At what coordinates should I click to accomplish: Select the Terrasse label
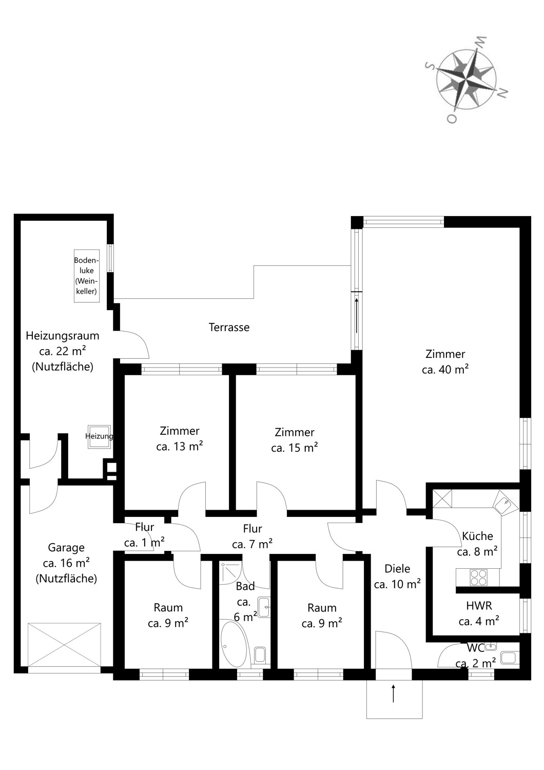(x=229, y=328)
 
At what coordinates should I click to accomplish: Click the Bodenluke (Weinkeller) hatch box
(x=87, y=276)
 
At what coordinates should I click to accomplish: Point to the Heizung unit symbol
(x=100, y=436)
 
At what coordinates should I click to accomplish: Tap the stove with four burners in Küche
(x=478, y=577)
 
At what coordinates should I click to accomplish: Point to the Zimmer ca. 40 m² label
(x=445, y=361)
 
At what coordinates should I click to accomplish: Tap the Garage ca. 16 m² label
(x=66, y=555)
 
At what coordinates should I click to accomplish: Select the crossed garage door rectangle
(x=64, y=644)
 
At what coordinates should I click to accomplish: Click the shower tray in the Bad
(x=231, y=573)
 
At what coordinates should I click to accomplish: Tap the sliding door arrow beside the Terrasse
(x=357, y=316)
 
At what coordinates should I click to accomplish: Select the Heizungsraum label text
(x=63, y=336)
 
